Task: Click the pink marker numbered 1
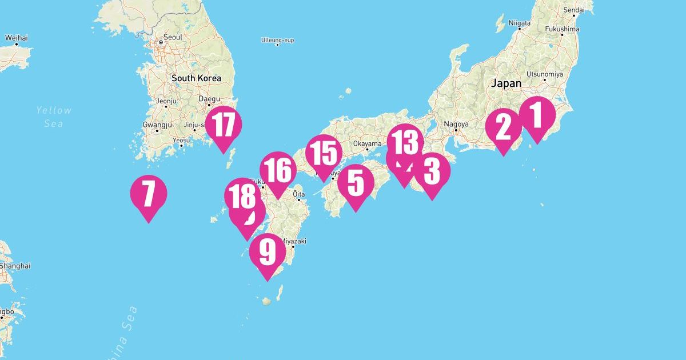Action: [537, 115]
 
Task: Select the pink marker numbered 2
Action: [503, 127]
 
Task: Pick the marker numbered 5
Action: [356, 183]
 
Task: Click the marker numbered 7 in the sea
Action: [149, 194]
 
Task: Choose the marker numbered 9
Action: [267, 252]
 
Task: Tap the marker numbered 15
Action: [324, 154]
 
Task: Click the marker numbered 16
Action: [278, 171]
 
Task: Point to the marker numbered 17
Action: [224, 125]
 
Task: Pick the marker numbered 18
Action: [243, 196]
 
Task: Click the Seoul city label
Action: [173, 37]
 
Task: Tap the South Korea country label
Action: [196, 78]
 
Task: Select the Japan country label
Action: [506, 83]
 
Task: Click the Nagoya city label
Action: [456, 124]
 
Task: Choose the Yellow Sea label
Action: [53, 117]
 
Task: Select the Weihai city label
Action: [17, 38]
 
